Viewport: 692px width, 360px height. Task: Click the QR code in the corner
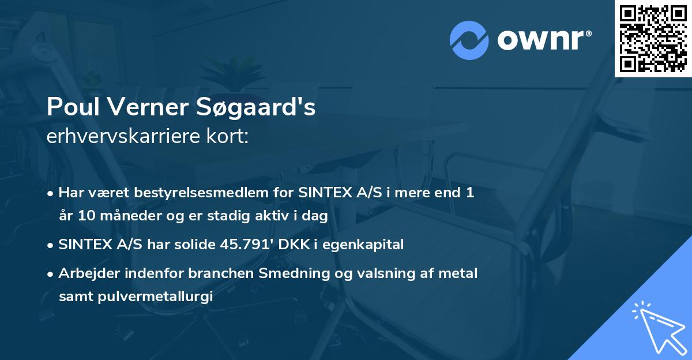[653, 38]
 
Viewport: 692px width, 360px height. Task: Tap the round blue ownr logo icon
[469, 40]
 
